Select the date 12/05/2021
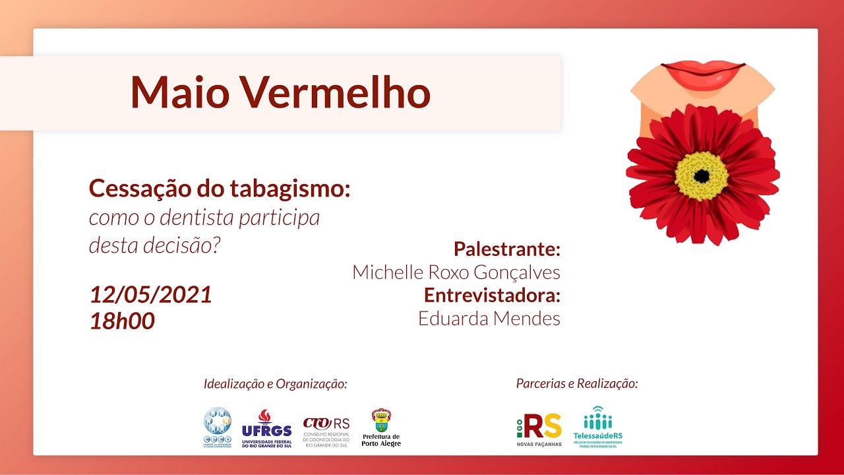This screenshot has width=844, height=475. [151, 294]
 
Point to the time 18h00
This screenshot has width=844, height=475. [122, 321]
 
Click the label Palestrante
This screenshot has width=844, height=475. [506, 249]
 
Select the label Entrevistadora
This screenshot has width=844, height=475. [492, 294]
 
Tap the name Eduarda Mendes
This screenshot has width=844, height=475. [489, 319]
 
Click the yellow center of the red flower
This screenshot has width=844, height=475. [702, 176]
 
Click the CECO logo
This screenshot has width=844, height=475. [218, 427]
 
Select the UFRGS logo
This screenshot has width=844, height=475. [266, 429]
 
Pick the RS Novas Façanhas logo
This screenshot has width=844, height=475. [539, 429]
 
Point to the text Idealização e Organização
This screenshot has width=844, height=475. [276, 384]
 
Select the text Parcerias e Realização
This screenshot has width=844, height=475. [577, 383]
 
